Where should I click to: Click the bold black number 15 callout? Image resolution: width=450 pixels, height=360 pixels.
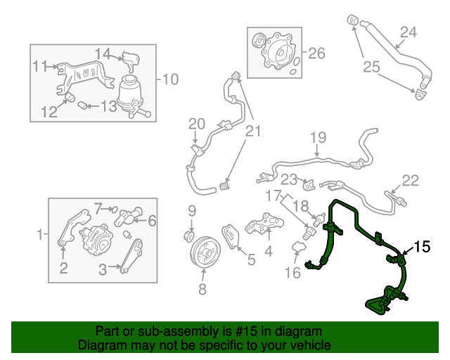[422, 247]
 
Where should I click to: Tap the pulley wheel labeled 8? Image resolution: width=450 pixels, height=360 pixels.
[205, 252]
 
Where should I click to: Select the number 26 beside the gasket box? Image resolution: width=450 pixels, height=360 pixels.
[316, 53]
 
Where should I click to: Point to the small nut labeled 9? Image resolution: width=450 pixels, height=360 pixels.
[189, 236]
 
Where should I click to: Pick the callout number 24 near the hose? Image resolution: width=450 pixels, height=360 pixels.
[408, 32]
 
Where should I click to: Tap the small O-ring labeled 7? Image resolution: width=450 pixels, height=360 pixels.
[114, 210]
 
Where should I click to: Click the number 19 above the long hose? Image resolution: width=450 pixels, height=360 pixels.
[319, 138]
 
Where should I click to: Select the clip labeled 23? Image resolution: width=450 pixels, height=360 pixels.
[309, 185]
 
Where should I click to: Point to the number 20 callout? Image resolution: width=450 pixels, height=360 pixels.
[197, 124]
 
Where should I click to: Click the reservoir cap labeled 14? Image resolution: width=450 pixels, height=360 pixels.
[131, 61]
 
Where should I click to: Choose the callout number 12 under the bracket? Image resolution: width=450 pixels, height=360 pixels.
[49, 112]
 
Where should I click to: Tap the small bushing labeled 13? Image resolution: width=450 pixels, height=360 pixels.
[83, 105]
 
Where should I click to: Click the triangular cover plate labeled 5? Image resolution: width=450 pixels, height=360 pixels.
[231, 237]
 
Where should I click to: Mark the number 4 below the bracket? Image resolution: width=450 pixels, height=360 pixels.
[269, 251]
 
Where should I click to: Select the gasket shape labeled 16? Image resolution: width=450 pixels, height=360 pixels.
[299, 247]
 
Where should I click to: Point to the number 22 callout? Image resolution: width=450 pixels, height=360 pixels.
[410, 180]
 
